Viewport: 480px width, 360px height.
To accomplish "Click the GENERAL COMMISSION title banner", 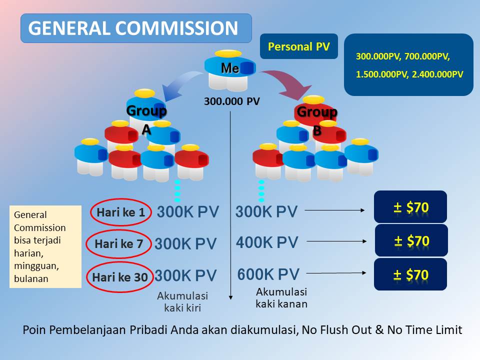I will coord(135,28).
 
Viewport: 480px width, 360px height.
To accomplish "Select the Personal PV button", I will coord(299,46).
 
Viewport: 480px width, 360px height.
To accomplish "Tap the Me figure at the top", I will coord(230,68).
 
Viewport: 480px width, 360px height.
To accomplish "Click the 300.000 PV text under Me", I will coord(231,101).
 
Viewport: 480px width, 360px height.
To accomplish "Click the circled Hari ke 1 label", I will coord(120,212).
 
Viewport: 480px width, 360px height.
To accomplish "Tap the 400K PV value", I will coord(267,242).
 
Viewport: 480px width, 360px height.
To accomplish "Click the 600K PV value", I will coord(268,274).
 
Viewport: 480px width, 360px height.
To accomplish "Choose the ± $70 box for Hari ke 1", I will coord(410,207).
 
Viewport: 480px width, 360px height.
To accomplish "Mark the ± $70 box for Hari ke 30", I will coord(410,274).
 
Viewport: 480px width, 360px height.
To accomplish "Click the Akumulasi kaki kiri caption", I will coord(182,301).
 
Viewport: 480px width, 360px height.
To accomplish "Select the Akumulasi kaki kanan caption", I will coord(281,297).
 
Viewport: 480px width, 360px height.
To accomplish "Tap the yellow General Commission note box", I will coord(45,246).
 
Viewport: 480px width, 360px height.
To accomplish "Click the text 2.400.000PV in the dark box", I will coord(435,74).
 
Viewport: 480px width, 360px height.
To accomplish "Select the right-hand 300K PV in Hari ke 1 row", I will coord(266,212).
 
